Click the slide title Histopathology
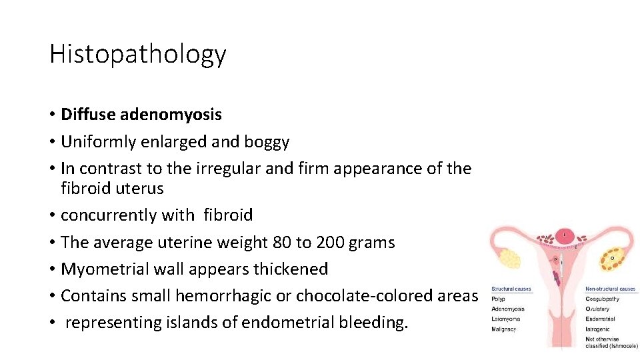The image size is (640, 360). [137, 55]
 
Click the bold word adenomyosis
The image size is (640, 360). [171, 115]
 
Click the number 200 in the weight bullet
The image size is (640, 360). [331, 243]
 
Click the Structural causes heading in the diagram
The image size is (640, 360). [511, 289]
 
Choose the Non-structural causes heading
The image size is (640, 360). [610, 289]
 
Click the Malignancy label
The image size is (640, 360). [505, 329]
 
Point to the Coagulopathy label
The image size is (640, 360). [602, 299]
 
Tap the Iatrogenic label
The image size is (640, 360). [598, 329]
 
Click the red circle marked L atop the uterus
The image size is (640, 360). [566, 235]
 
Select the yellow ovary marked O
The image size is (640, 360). [612, 257]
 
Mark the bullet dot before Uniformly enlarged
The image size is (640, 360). [52, 142]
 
